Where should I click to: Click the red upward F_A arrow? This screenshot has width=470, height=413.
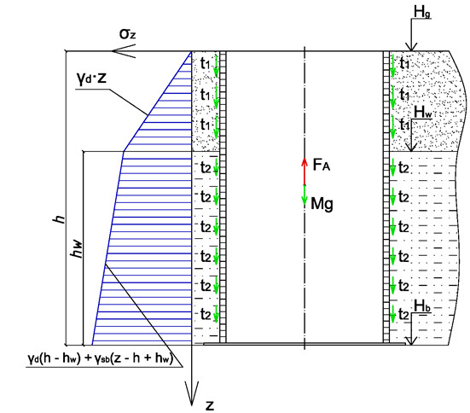[x=305, y=172]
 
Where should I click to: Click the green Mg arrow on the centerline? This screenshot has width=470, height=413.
[x=305, y=195]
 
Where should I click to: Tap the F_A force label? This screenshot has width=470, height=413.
[x=322, y=165]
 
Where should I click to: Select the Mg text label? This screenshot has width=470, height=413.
[x=322, y=204]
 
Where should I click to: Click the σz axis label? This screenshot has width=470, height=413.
[x=127, y=34]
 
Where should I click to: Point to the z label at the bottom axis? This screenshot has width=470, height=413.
[x=210, y=405]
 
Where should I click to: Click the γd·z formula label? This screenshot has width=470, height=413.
[x=92, y=79]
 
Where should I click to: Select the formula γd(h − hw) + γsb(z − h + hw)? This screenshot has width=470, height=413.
[x=101, y=358]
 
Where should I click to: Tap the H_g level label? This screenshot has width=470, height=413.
[x=422, y=13]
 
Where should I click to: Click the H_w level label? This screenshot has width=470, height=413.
[x=423, y=113]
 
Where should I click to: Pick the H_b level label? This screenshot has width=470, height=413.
[x=422, y=306]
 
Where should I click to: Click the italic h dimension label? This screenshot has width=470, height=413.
[x=59, y=219]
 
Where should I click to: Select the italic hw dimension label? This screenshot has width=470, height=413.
[x=76, y=248]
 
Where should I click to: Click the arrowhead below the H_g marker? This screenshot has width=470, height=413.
[x=411, y=47]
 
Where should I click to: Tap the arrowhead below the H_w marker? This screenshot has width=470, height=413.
[x=411, y=147]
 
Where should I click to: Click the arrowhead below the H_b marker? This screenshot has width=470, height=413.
[x=411, y=340]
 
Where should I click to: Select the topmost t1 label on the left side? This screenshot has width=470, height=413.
[x=206, y=64]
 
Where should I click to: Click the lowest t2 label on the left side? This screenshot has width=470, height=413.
[x=206, y=315]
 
